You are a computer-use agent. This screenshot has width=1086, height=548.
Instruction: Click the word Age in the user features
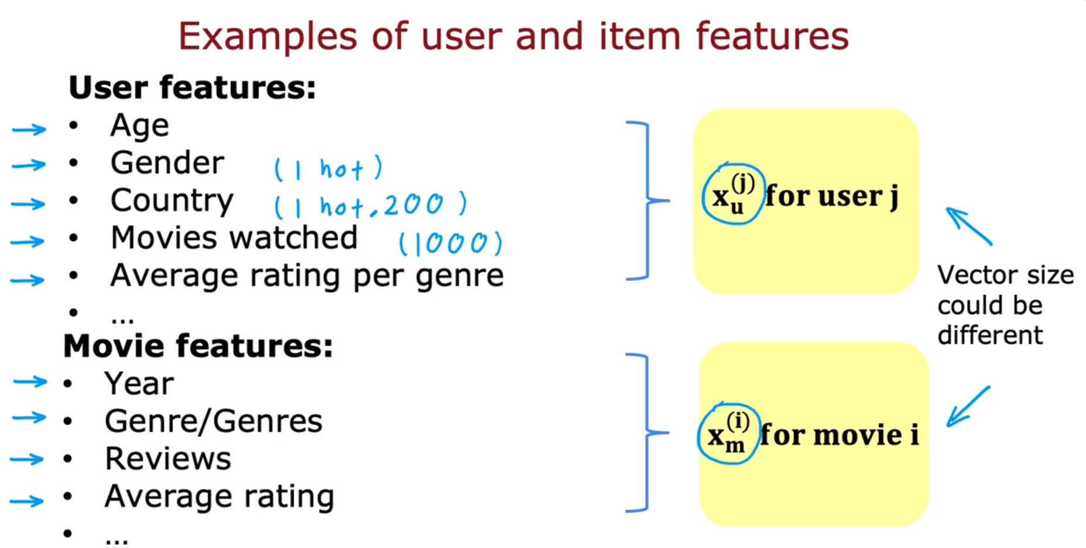tap(139, 126)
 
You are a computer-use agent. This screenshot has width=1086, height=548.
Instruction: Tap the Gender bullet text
tap(167, 163)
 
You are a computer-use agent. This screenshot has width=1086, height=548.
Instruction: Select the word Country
tap(172, 201)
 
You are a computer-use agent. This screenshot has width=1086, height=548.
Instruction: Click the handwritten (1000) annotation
tap(450, 243)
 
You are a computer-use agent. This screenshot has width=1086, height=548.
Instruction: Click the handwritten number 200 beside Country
tap(413, 205)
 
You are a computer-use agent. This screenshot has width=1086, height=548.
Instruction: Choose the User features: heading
tap(192, 88)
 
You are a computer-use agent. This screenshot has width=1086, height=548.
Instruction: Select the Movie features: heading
tap(198, 346)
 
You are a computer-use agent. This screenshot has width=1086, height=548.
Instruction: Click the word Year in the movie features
tap(139, 384)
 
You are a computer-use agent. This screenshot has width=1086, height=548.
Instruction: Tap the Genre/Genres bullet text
tap(213, 421)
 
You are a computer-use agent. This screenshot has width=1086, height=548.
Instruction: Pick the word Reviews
tap(168, 459)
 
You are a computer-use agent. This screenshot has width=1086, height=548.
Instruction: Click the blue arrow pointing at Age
tap(29, 129)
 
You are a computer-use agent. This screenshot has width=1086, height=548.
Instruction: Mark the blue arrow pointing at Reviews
tap(27, 459)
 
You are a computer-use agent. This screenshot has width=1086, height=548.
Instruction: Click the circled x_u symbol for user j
tap(732, 195)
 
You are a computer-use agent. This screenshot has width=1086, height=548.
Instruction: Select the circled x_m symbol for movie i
tap(728, 434)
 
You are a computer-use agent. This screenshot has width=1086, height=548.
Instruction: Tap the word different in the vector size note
tap(989, 336)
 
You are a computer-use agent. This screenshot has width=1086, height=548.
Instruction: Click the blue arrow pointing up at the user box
tap(968, 226)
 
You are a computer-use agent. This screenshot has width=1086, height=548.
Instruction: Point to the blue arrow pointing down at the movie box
tap(968, 406)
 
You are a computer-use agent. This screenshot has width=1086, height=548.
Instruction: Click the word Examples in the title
tap(268, 36)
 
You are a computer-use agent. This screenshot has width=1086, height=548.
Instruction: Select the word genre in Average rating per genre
tap(459, 275)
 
